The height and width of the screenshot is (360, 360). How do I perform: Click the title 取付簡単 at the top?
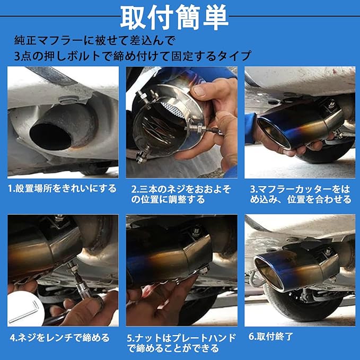point(174,17)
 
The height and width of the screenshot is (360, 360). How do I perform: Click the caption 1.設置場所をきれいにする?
point(62,189)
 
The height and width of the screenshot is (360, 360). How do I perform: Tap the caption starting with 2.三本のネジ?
point(181,194)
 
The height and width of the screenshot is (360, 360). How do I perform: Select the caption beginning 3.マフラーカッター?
point(301,194)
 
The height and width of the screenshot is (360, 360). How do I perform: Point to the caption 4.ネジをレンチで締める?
point(60,338)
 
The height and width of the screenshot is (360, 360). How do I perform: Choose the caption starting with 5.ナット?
point(181,343)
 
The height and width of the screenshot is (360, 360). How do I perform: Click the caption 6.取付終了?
point(271,337)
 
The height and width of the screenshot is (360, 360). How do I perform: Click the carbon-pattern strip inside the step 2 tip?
point(172,110)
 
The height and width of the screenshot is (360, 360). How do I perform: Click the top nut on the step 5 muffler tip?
point(196,231)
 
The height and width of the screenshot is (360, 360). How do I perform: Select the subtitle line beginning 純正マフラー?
point(94,40)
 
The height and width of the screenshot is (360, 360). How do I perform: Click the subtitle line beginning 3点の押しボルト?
point(133,56)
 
